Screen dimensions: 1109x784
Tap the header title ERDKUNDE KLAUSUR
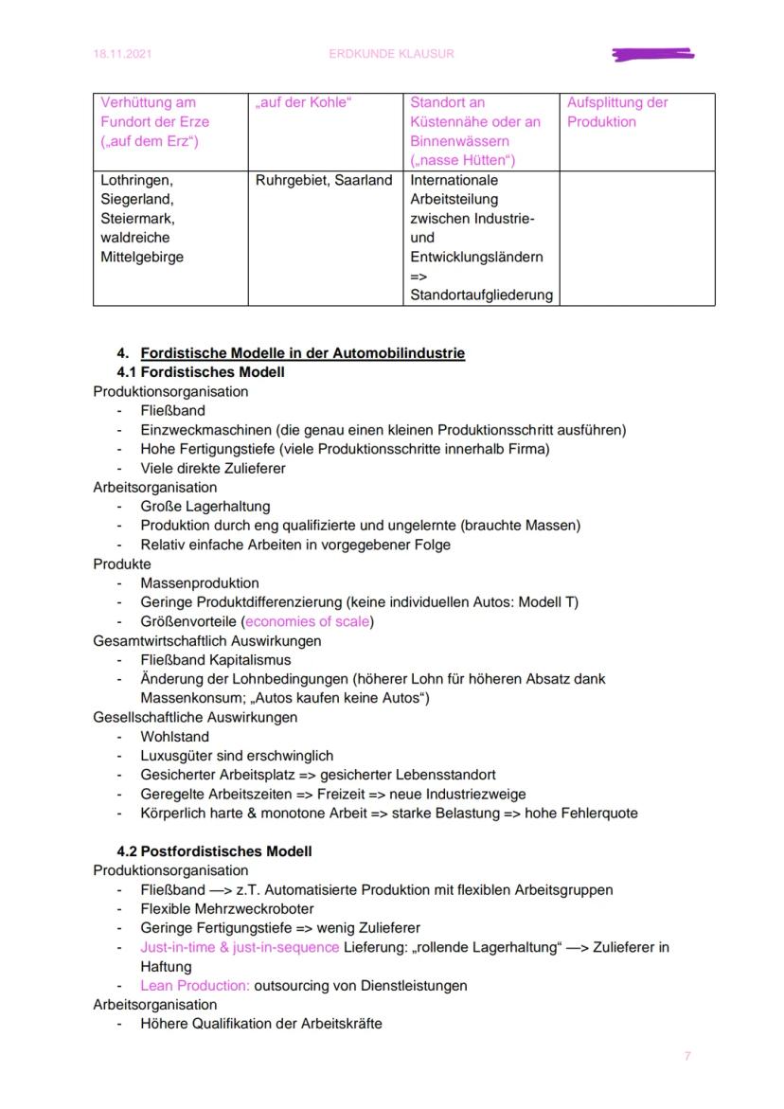point(391,54)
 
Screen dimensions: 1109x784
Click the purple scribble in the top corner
point(653,55)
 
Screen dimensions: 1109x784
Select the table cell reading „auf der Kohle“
point(303,102)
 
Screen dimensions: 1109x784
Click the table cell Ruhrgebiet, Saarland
point(324,180)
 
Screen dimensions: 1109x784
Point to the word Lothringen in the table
point(137,180)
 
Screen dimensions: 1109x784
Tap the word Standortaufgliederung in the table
point(481,295)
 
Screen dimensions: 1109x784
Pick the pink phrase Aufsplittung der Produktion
point(617,112)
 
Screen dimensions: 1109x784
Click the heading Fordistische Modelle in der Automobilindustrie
point(302,353)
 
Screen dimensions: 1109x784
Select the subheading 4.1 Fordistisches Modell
point(201,372)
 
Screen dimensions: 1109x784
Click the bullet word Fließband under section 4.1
point(172,411)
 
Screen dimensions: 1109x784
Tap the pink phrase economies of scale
point(309,621)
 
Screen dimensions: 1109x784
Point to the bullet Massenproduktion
point(200,583)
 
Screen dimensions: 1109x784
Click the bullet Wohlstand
point(175,736)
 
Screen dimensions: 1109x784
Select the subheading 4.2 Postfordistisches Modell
point(214,851)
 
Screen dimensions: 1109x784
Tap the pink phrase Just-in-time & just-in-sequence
point(240,947)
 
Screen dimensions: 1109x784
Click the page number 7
point(687,1056)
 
